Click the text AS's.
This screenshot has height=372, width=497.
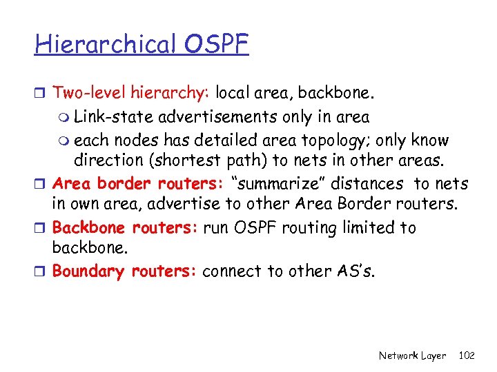(357, 271)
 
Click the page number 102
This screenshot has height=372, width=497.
(467, 355)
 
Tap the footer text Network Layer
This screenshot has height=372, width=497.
(413, 355)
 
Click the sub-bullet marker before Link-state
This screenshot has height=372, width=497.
(65, 118)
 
